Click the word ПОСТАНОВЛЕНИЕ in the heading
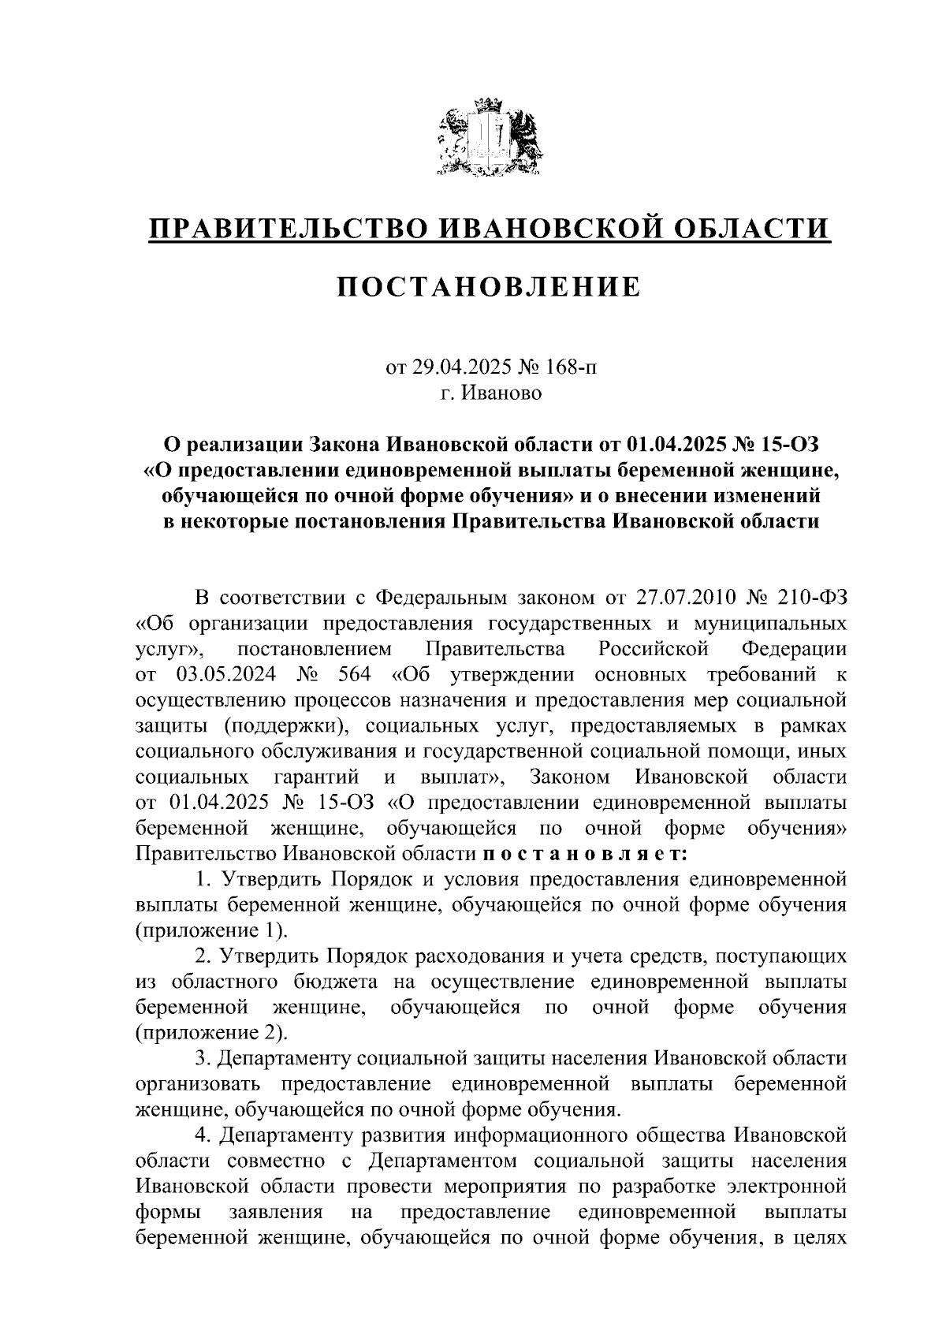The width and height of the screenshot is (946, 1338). [490, 287]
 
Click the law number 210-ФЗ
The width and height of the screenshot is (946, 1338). [810, 597]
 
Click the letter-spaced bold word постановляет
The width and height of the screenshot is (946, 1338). [585, 854]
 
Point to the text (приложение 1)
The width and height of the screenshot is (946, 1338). [211, 930]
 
